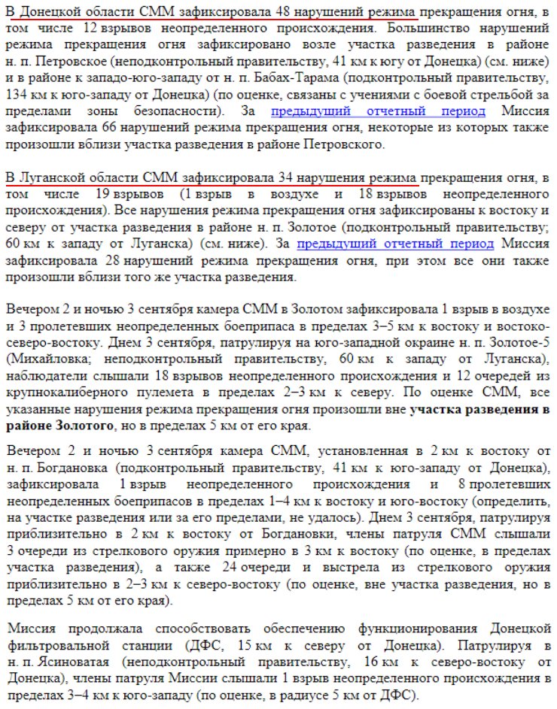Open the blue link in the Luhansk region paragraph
[x=396, y=244]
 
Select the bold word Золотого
[x=89, y=426]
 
